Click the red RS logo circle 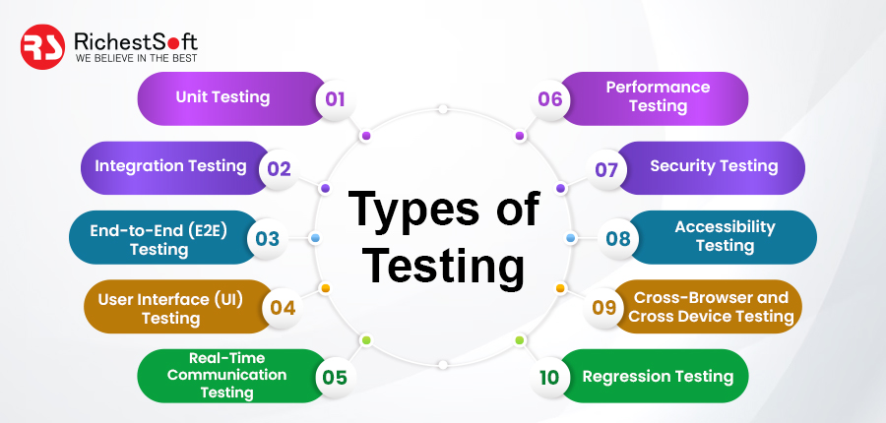(x=43, y=47)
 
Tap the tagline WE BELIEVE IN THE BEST (x=136, y=58)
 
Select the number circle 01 (x=335, y=98)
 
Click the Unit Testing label (x=222, y=96)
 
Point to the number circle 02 (x=279, y=168)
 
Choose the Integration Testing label (x=170, y=166)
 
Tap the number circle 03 (x=267, y=238)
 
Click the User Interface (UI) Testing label (x=170, y=308)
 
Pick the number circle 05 (x=335, y=377)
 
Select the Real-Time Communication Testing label (x=227, y=375)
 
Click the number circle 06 (x=550, y=98)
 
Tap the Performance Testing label (x=659, y=96)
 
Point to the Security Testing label (x=715, y=166)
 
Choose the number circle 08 (x=617, y=238)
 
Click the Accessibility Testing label (x=725, y=236)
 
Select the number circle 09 (x=603, y=308)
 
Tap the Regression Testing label (x=659, y=376)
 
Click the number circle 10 (x=549, y=377)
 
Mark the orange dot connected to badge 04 (x=325, y=288)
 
